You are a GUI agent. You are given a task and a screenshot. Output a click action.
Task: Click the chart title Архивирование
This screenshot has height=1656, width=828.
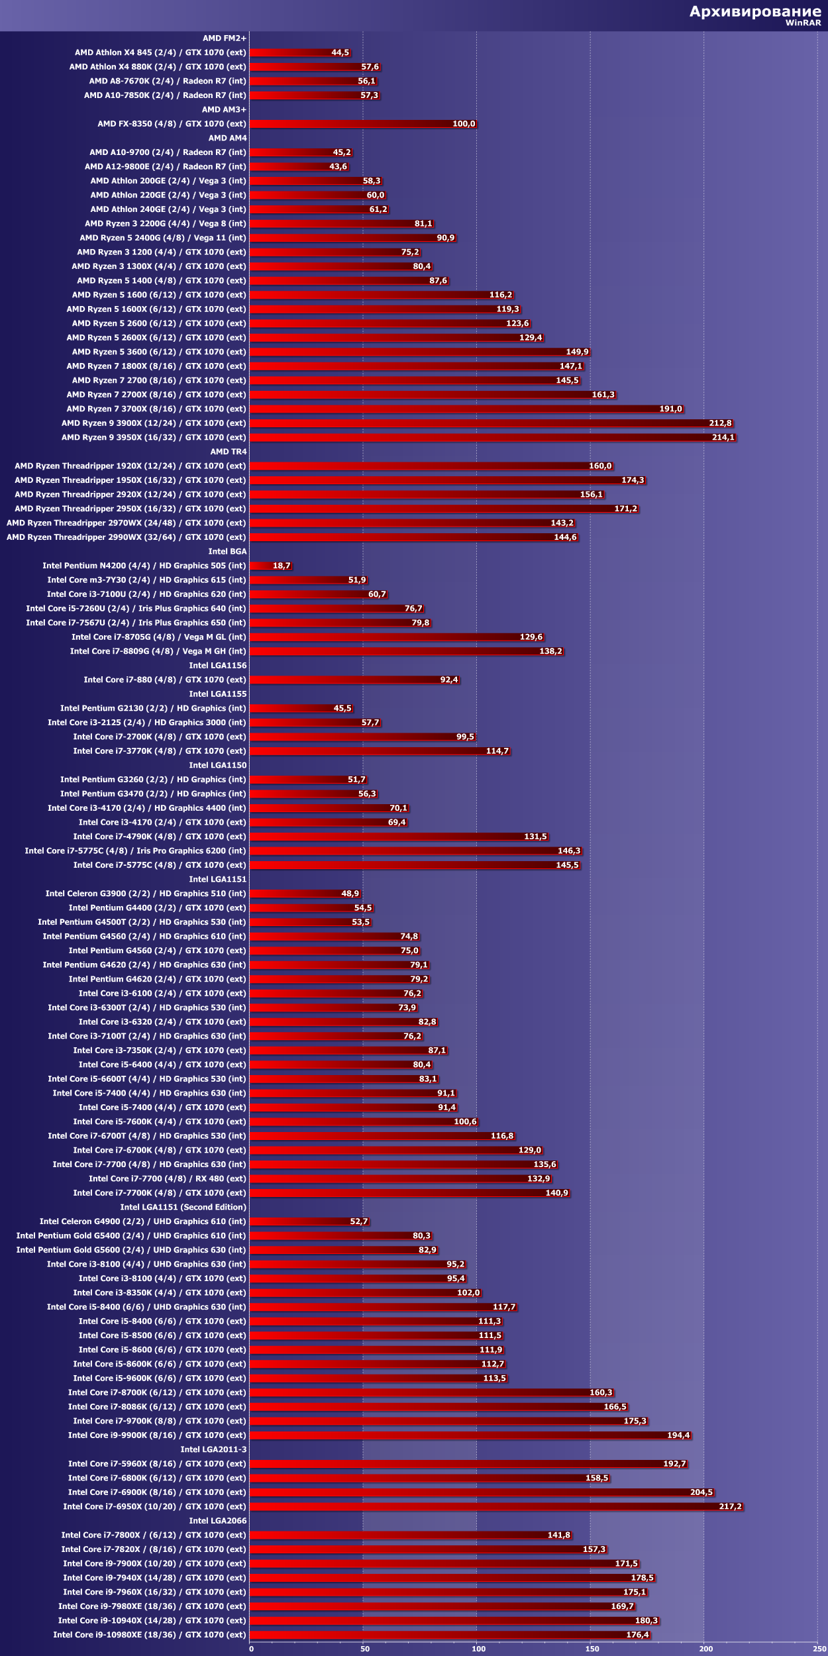(x=754, y=11)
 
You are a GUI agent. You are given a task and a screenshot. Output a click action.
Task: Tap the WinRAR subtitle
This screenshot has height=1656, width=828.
(x=803, y=23)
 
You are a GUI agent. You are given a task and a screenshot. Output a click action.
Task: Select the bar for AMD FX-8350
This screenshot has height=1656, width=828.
(x=362, y=124)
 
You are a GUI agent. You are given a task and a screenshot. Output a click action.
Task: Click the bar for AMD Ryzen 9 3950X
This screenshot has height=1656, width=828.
(x=492, y=437)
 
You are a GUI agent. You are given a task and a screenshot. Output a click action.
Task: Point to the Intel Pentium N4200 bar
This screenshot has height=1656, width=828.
(x=262, y=566)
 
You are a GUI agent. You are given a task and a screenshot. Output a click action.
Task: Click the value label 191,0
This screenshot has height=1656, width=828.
(x=670, y=409)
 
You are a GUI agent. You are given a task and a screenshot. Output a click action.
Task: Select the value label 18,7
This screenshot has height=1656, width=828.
(x=282, y=566)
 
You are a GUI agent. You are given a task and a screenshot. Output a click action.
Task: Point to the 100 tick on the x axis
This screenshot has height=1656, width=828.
(x=478, y=1649)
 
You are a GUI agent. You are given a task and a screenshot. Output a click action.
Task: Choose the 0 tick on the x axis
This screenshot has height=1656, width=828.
(x=251, y=1649)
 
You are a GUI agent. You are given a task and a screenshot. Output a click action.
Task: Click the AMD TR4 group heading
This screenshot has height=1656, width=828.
(x=229, y=452)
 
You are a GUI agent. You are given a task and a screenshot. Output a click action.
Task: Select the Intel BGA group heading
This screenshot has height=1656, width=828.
(x=227, y=551)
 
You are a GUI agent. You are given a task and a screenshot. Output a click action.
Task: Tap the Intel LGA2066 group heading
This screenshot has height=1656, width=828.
(x=217, y=1520)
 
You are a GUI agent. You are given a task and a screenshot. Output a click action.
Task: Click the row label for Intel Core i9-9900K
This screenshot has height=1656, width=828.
(x=156, y=1435)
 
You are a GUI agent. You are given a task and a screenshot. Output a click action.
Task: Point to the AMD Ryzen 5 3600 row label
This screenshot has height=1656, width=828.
(x=158, y=352)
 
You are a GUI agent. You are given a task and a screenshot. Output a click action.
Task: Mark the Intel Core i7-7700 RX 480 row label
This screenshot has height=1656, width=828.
(x=167, y=1178)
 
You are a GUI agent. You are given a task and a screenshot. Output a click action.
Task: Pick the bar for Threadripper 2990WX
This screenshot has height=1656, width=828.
(x=414, y=537)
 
